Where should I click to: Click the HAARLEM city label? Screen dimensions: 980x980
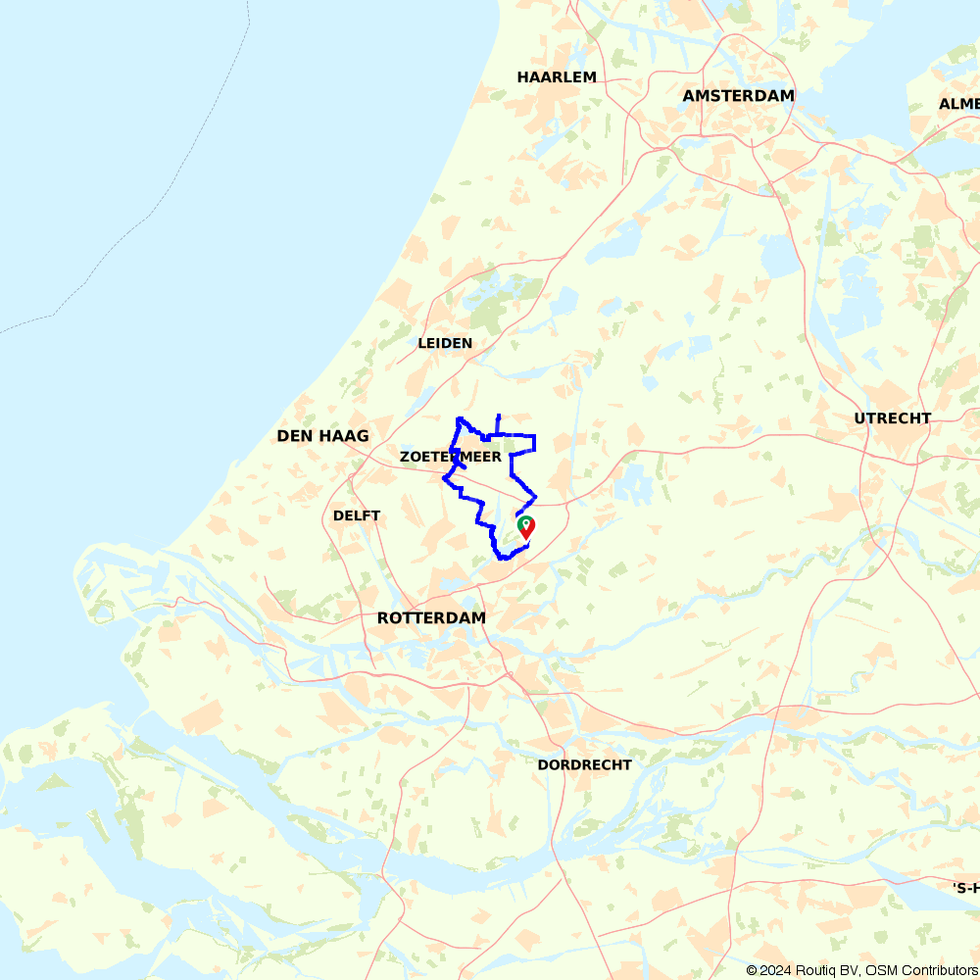pyautogui.click(x=557, y=77)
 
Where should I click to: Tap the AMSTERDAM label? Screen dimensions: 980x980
pyautogui.click(x=738, y=96)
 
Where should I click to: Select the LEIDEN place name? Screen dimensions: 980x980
pyautogui.click(x=445, y=344)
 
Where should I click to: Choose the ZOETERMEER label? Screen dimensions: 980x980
pyautogui.click(x=451, y=458)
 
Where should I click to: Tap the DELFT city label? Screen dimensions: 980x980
pyautogui.click(x=357, y=516)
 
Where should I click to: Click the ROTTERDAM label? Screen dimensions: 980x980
pyautogui.click(x=431, y=618)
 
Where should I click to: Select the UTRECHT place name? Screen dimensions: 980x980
pyautogui.click(x=892, y=418)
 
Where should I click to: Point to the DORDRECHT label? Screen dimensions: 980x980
pyautogui.click(x=584, y=765)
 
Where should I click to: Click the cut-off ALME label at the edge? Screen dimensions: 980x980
pyautogui.click(x=958, y=104)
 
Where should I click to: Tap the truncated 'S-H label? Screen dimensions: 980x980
pyautogui.click(x=965, y=888)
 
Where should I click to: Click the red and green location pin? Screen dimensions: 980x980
pyautogui.click(x=526, y=527)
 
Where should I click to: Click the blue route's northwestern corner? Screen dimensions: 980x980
pyautogui.click(x=459, y=419)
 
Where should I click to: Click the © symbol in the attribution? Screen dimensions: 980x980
pyautogui.click(x=752, y=970)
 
